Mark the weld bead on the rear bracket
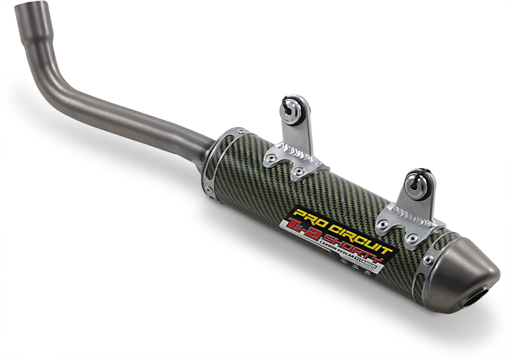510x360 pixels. click(x=412, y=215)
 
